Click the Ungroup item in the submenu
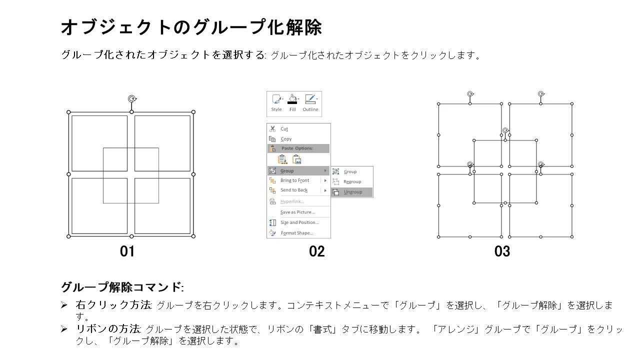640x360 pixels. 352,192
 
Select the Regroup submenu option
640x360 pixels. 352,181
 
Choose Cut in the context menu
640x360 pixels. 284,129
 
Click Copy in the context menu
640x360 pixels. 286,139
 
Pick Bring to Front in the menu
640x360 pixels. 294,180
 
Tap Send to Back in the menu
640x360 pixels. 294,190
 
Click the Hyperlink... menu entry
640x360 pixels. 292,201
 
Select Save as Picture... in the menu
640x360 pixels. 297,212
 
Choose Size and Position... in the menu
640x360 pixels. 299,222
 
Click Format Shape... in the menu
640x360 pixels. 297,233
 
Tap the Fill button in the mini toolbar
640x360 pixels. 292,103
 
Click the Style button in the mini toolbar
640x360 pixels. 276,103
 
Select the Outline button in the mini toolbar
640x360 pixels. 310,103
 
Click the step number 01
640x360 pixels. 127,251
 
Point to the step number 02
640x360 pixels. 317,251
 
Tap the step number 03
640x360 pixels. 502,251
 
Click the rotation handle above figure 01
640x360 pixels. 132,99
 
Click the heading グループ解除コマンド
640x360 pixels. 122,287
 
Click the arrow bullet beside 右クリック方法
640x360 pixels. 64,305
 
